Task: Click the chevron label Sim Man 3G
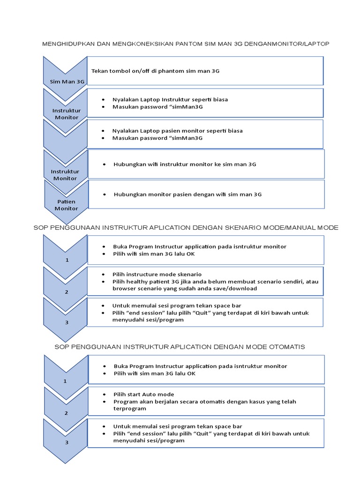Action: (x=67, y=82)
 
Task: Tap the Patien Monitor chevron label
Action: (x=66, y=205)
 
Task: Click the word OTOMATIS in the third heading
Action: (x=287, y=347)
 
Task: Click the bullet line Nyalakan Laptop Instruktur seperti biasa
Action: (x=170, y=100)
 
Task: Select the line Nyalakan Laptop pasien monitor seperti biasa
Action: (x=177, y=131)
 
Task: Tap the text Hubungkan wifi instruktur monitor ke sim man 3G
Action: (x=185, y=165)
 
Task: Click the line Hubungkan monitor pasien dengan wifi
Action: (x=187, y=194)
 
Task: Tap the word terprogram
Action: (x=130, y=408)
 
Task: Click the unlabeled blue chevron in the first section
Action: (x=65, y=136)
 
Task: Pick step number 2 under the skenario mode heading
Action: (x=67, y=292)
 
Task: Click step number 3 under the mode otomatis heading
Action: (x=67, y=442)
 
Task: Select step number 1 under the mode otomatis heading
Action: (x=66, y=381)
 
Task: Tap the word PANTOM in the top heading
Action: (x=189, y=44)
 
